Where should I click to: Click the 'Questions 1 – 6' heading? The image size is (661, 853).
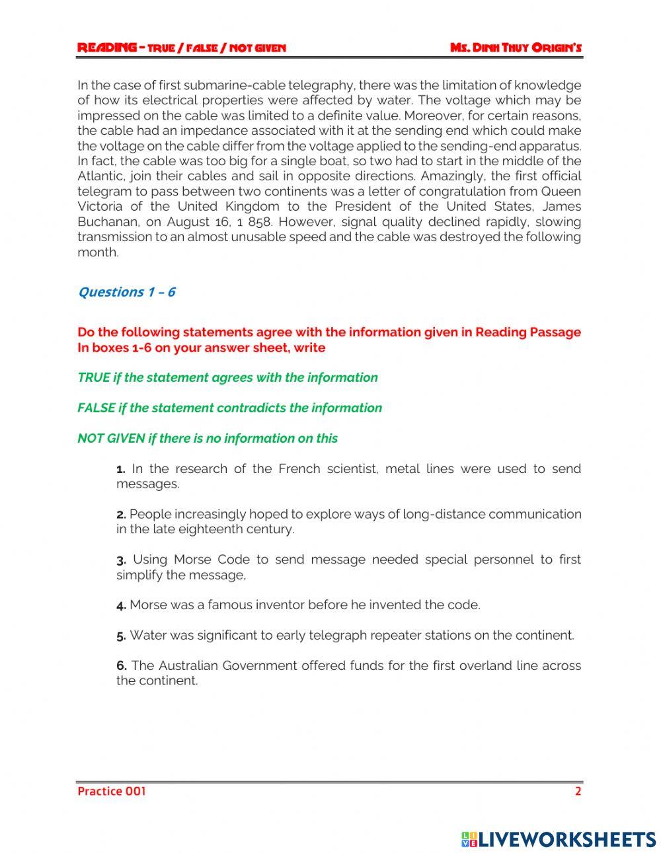(126, 292)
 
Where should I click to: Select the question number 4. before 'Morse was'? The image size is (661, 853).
(121, 605)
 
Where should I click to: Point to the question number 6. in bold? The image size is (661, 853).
(122, 666)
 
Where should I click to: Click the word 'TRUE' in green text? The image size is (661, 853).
(93, 378)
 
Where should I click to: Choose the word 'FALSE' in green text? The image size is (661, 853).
(96, 408)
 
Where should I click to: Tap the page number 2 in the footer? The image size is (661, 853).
(578, 791)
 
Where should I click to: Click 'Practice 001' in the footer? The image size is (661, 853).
(112, 791)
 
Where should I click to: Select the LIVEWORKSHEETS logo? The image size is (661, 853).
(559, 839)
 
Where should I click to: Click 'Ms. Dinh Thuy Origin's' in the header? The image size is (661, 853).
(516, 48)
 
